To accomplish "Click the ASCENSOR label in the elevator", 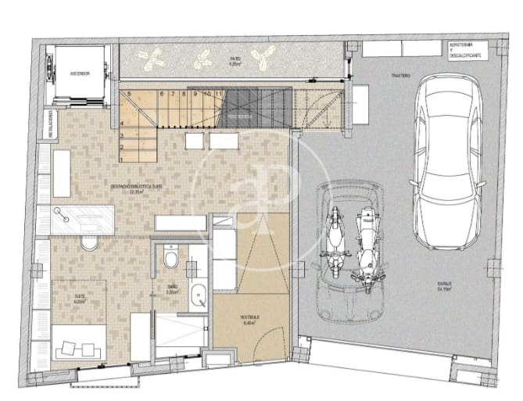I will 79,73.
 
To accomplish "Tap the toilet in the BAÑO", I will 171,257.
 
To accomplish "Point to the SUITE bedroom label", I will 79,297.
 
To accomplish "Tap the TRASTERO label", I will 400,75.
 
